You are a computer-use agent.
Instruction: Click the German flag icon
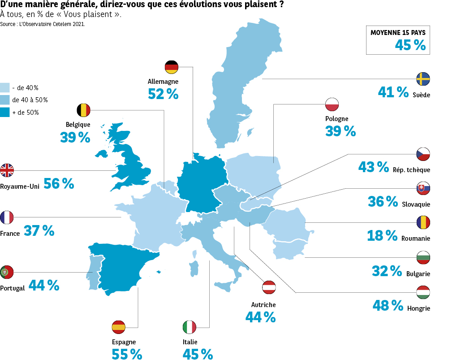[x=172, y=67]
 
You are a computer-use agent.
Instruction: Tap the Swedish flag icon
[x=423, y=79]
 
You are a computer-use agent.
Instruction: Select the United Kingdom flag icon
[x=7, y=170]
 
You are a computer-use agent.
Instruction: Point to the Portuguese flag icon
[x=7, y=272]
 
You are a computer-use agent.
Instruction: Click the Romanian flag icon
[x=423, y=222]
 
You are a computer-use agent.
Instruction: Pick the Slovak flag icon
[x=423, y=188]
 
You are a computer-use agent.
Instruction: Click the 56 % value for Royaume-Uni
[x=59, y=183]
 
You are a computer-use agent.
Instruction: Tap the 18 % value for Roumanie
[x=382, y=235]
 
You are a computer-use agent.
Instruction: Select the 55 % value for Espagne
[x=127, y=354]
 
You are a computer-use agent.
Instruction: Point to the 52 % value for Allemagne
[x=163, y=94]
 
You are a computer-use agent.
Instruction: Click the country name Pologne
[x=336, y=119]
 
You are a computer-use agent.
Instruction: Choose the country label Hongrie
[x=418, y=308]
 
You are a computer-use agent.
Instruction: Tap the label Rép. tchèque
[x=411, y=170]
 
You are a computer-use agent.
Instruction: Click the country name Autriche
[x=263, y=305]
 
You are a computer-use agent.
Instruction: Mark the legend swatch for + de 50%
[x=5, y=112]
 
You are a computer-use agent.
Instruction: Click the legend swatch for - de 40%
[x=5, y=87]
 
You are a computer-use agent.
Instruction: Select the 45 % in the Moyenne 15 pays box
[x=410, y=45]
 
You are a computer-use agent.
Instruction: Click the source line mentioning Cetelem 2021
[x=43, y=24]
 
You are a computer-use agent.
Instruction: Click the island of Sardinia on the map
[x=194, y=269]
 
